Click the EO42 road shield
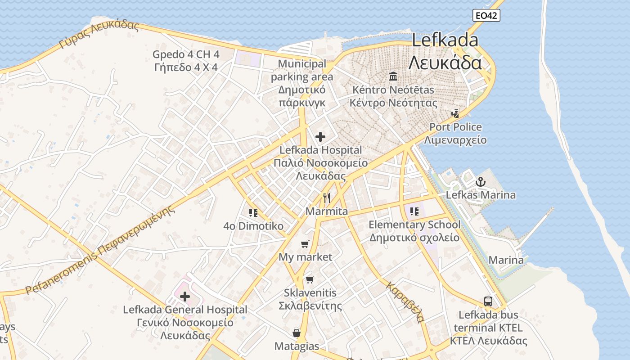[486, 15]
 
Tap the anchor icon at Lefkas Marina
[481, 182]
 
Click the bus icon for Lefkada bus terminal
[488, 301]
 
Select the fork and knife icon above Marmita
[327, 198]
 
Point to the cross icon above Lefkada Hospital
[320, 136]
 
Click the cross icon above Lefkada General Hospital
[185, 297]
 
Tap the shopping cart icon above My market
[305, 244]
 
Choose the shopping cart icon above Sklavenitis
[310, 279]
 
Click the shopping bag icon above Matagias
[297, 333]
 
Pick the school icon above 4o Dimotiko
[253, 212]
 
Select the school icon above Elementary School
[414, 211]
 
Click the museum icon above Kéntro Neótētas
[393, 76]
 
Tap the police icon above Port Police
[455, 113]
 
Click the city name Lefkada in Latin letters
[445, 40]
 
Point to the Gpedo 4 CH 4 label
[186, 55]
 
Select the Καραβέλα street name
[405, 302]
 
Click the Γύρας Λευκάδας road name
[99, 34]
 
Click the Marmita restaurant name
[327, 211]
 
